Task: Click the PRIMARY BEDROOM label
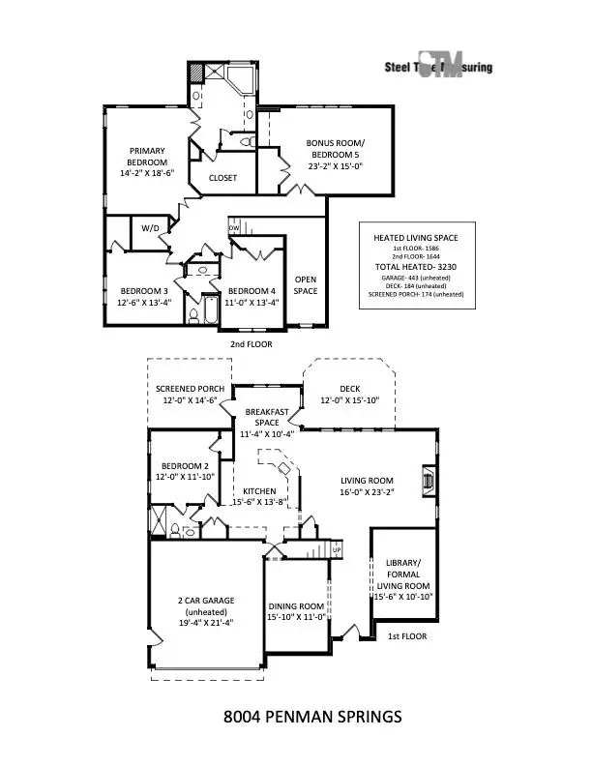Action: point(148,156)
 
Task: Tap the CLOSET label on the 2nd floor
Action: point(223,178)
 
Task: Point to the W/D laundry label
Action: point(150,229)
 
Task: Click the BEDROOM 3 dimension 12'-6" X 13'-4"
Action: point(145,303)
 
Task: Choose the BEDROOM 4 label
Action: point(252,291)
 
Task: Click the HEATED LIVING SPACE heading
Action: point(416,237)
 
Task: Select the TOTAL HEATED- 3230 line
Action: point(416,266)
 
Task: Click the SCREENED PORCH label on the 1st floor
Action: point(191,389)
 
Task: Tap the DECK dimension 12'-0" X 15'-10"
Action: point(350,400)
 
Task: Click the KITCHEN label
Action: point(259,490)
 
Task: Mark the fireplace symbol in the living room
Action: point(428,480)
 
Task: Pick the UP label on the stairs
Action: point(337,549)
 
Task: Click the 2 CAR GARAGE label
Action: point(207,601)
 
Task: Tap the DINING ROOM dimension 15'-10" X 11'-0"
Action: point(295,617)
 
